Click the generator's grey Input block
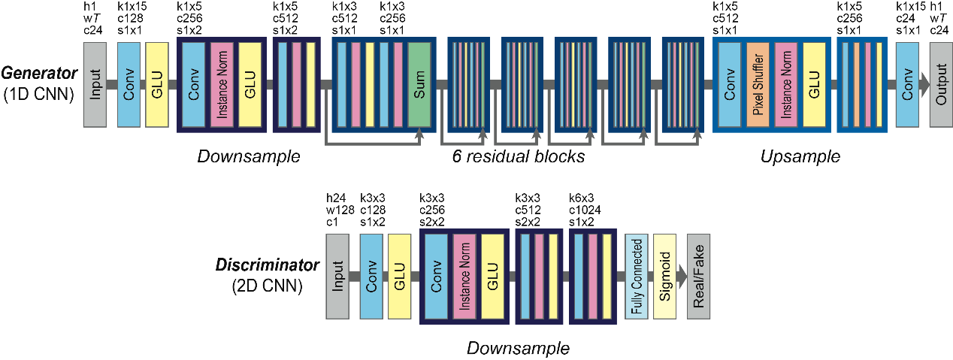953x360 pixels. (95, 83)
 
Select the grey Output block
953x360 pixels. (940, 83)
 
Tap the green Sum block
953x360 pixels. (419, 83)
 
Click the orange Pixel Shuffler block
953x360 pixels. (757, 83)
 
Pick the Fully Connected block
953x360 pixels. (637, 276)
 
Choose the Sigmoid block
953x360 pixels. (664, 276)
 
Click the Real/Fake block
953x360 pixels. (698, 276)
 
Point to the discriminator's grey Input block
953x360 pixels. (337, 276)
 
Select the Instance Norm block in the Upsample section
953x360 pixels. (785, 83)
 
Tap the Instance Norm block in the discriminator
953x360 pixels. (464, 276)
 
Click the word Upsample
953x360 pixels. (800, 157)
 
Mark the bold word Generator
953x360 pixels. (38, 74)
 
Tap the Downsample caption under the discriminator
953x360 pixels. (518, 349)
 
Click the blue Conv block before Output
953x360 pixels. (908, 83)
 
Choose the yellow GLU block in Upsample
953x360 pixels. (813, 83)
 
